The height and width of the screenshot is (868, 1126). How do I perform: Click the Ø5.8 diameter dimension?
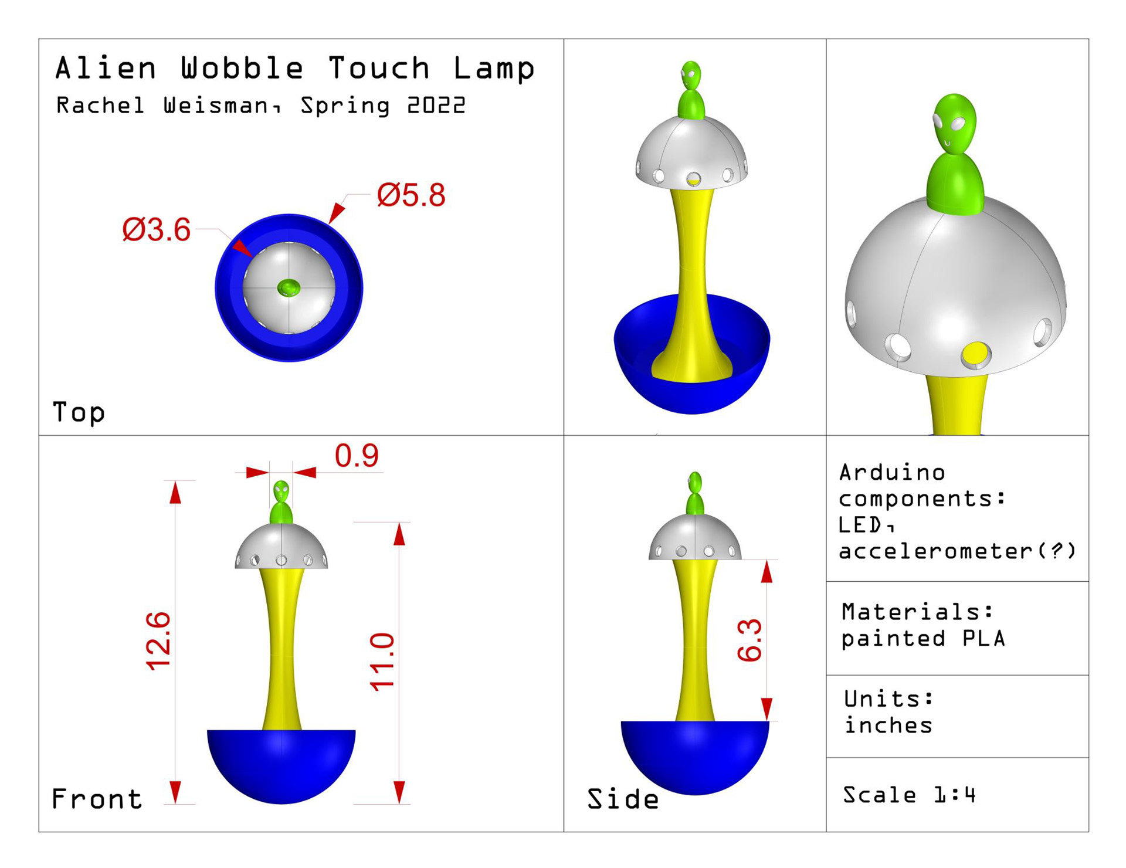[x=411, y=195]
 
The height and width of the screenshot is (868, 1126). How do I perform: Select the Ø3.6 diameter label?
[x=157, y=229]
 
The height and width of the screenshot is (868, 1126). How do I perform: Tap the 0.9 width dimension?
[x=357, y=456]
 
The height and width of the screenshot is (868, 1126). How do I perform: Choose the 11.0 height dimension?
[x=382, y=662]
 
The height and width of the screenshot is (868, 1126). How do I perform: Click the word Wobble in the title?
[x=242, y=68]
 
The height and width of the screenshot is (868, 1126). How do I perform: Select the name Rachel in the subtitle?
[x=100, y=106]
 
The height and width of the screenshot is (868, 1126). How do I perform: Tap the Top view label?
[x=79, y=412]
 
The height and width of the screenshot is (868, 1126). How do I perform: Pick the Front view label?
[x=97, y=799]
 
